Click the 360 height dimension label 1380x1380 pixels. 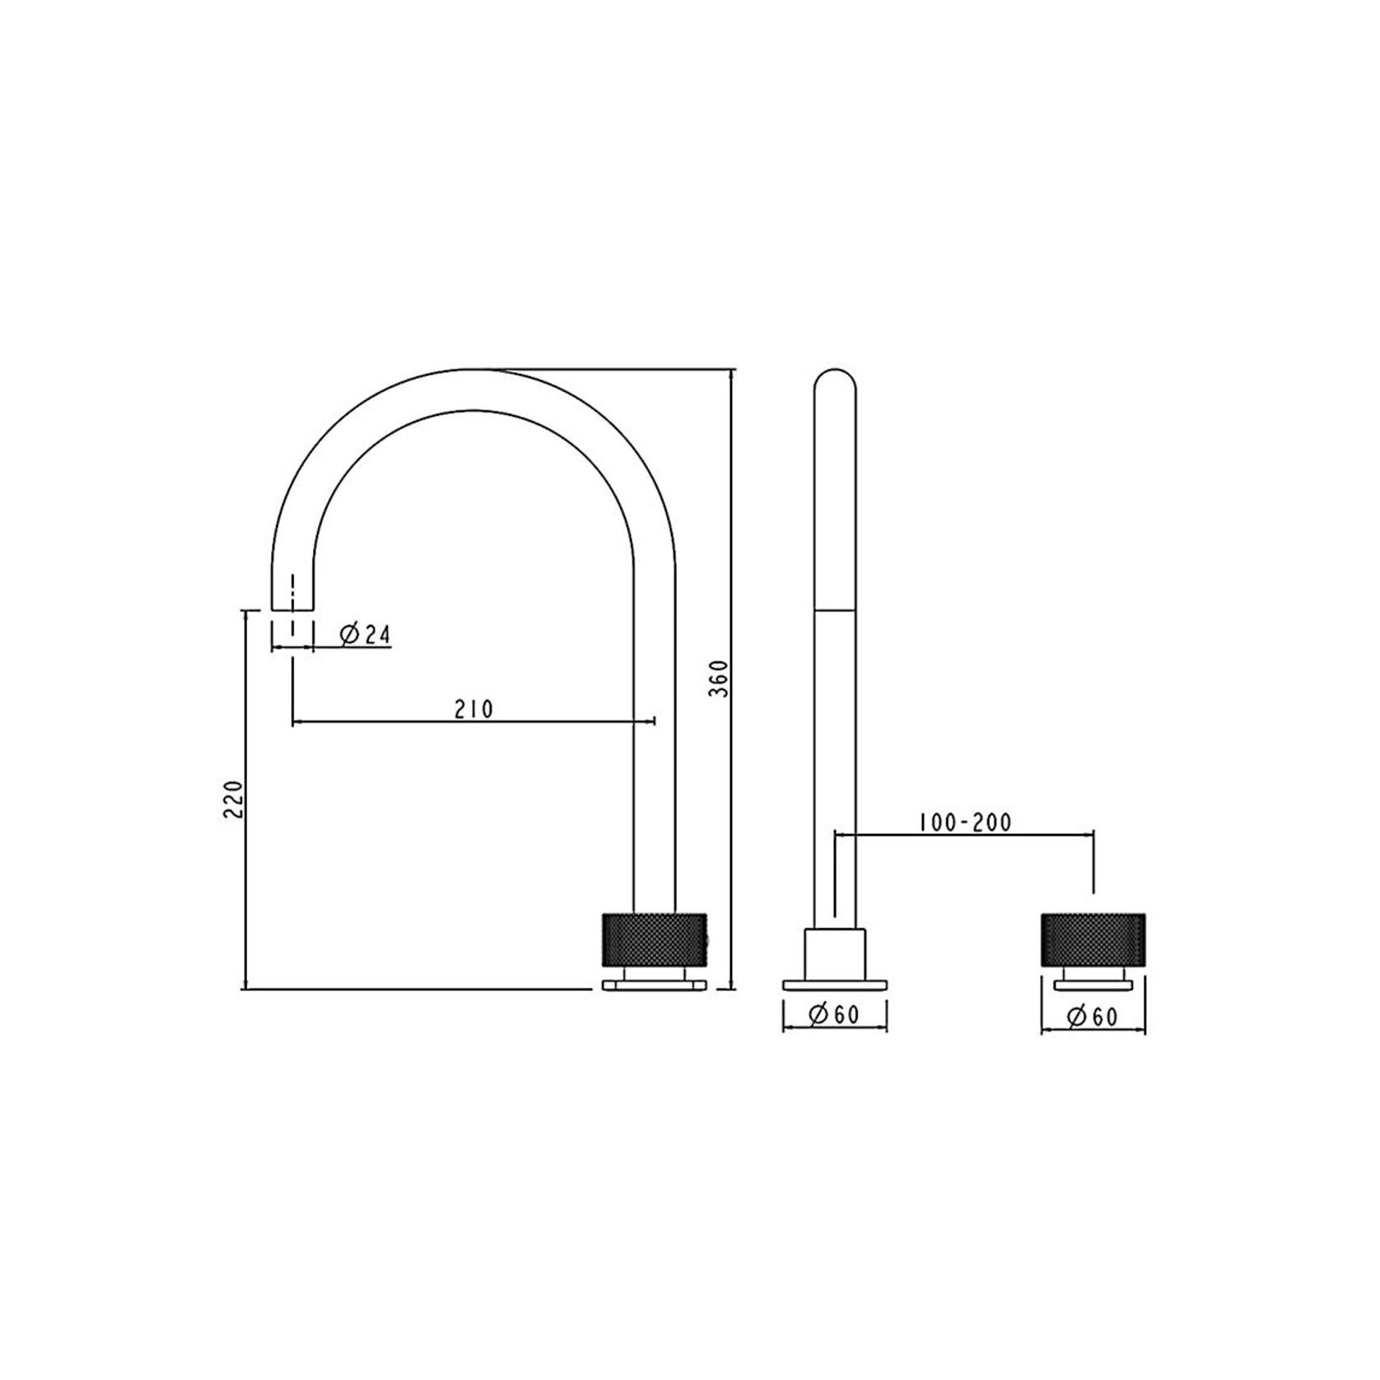720,678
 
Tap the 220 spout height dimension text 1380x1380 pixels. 233,799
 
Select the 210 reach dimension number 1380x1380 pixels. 473,709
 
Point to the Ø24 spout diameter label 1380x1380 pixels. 365,635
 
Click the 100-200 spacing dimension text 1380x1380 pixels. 965,822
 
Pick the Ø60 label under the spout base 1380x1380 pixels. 834,1015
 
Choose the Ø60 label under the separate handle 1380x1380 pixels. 1093,1017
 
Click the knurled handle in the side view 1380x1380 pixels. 655,939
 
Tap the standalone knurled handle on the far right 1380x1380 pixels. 1093,939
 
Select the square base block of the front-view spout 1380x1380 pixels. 834,955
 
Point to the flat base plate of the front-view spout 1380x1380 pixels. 834,985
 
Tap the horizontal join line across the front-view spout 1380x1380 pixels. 834,610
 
